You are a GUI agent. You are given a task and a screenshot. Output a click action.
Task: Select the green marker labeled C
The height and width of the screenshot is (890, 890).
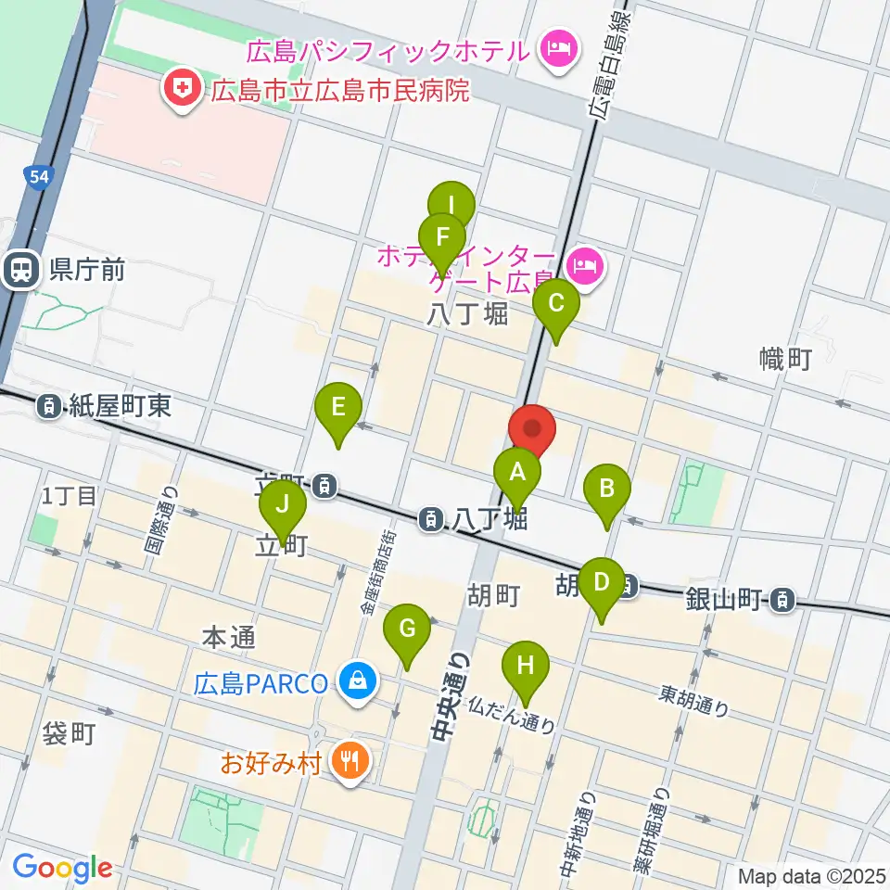tap(556, 304)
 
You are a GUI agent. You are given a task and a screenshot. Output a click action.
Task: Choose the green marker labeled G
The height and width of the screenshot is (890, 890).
tap(408, 628)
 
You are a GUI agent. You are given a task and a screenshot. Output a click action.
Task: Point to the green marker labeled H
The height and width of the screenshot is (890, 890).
tap(526, 666)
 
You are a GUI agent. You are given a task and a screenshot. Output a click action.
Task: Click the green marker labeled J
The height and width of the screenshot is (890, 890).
tap(282, 506)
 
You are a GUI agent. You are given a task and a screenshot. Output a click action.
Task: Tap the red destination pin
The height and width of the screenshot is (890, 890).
tap(532, 429)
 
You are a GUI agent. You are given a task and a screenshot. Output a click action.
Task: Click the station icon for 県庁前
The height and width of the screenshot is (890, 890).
tap(19, 270)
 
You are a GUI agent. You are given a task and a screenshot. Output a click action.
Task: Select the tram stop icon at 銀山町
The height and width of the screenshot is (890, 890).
tap(783, 600)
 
